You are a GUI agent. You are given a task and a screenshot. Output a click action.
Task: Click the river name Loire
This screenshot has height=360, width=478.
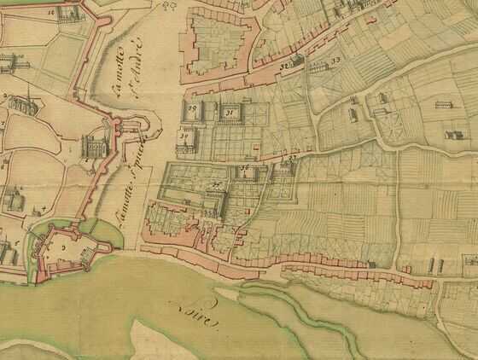click(x=195, y=312)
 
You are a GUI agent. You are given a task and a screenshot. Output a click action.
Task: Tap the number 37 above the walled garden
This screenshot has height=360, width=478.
click(x=290, y=159)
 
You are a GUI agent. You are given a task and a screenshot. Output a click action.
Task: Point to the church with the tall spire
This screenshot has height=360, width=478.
click(x=26, y=103)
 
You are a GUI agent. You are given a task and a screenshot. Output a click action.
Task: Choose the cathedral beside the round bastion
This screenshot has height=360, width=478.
click(x=91, y=148)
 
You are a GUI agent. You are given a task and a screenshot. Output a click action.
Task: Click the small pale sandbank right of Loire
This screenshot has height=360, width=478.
click(x=228, y=295)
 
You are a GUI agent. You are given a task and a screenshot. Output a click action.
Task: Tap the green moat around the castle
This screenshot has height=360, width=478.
click(x=36, y=247)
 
